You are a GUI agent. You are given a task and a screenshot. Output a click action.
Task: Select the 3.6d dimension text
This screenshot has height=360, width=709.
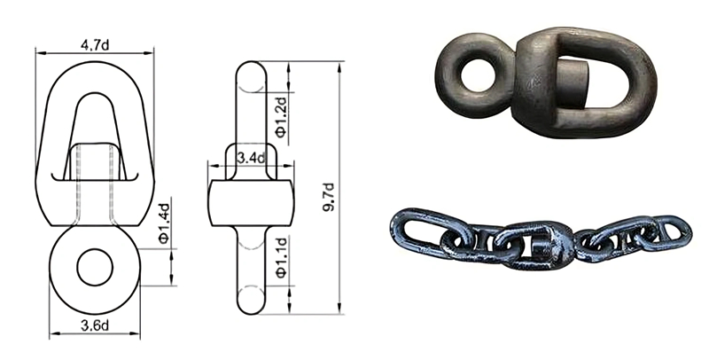(x=95, y=325)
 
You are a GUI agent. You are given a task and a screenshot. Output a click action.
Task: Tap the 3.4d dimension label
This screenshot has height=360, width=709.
(x=253, y=158)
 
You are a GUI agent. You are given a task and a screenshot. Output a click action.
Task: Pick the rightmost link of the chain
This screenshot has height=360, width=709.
(x=669, y=233)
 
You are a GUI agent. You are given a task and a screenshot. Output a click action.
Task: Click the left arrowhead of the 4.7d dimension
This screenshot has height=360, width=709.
(x=38, y=51)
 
